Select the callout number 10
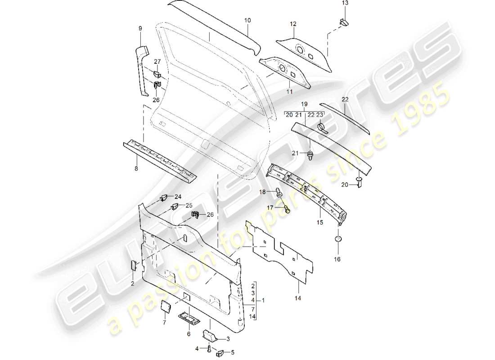[247, 21]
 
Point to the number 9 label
[140, 29]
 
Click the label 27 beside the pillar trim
[157, 62]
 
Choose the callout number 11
[289, 91]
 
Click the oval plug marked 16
[337, 238]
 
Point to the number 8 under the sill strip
[136, 169]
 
